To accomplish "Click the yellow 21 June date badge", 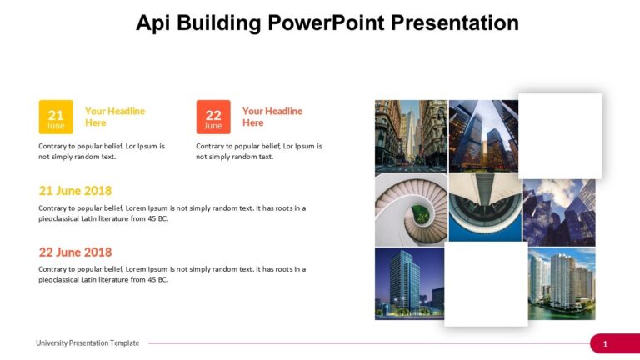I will (56, 117).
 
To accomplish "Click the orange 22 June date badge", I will (213, 117).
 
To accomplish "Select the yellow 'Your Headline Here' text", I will (115, 117).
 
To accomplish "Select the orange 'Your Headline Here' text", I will (272, 117).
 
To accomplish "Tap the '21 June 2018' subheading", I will (75, 191).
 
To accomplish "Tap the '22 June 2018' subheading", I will (75, 252).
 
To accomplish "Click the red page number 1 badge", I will (606, 343).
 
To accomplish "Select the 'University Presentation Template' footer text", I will (87, 343).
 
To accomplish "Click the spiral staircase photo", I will (411, 210).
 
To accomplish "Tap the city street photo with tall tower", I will (411, 136).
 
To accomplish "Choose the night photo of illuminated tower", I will (408, 283).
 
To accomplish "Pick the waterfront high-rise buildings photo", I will (562, 283).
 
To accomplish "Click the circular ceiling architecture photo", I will (485, 207).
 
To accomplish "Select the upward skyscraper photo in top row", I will (483, 136).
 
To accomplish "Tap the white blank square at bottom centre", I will (486, 284).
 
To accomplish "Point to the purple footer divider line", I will (367, 343).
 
